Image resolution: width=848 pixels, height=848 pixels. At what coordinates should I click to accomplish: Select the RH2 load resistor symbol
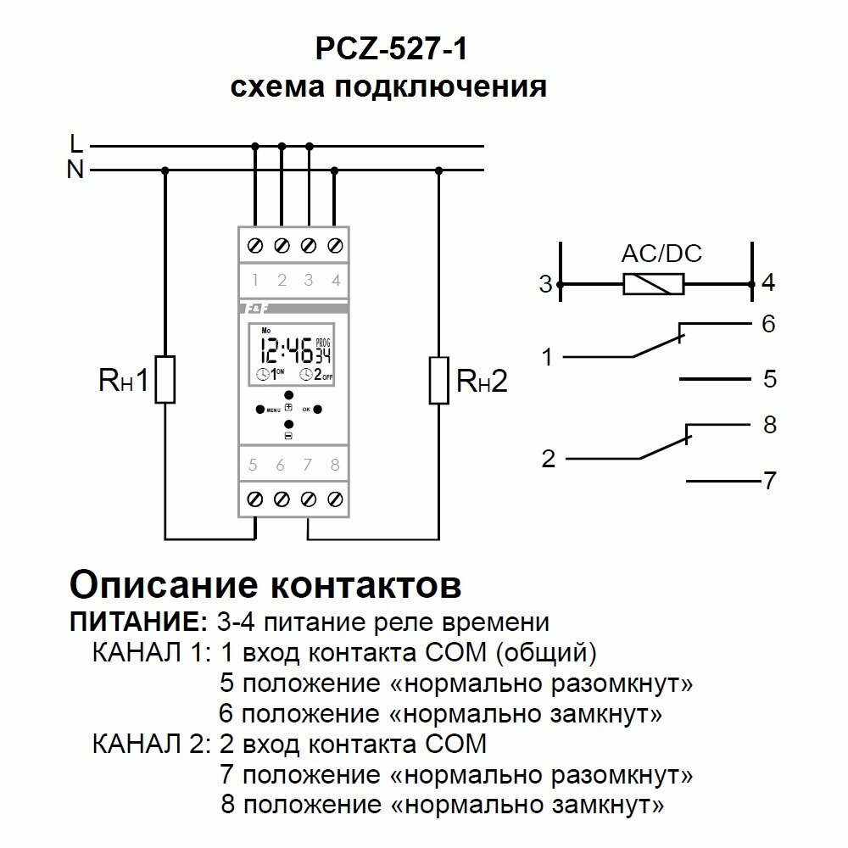pyautogui.click(x=438, y=380)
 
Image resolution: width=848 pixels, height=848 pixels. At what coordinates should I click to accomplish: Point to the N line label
pyautogui.click(x=75, y=170)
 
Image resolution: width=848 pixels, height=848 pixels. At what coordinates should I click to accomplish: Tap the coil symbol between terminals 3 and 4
pyautogui.click(x=653, y=285)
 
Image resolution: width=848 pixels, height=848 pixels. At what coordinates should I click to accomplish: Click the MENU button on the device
pyautogui.click(x=260, y=409)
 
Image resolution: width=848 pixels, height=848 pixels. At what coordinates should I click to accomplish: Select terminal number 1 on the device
pyautogui.click(x=254, y=279)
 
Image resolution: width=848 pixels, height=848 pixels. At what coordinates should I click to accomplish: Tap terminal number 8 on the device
pyautogui.click(x=335, y=465)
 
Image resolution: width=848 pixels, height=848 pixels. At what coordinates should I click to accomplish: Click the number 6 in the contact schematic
pyautogui.click(x=769, y=325)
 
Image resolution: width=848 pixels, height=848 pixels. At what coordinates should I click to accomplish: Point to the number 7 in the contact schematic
pyautogui.click(x=769, y=482)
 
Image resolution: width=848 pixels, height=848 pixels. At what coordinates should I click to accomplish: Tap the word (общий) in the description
pyautogui.click(x=550, y=653)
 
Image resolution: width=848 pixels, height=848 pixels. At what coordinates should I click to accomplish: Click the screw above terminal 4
pyautogui.click(x=335, y=245)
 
